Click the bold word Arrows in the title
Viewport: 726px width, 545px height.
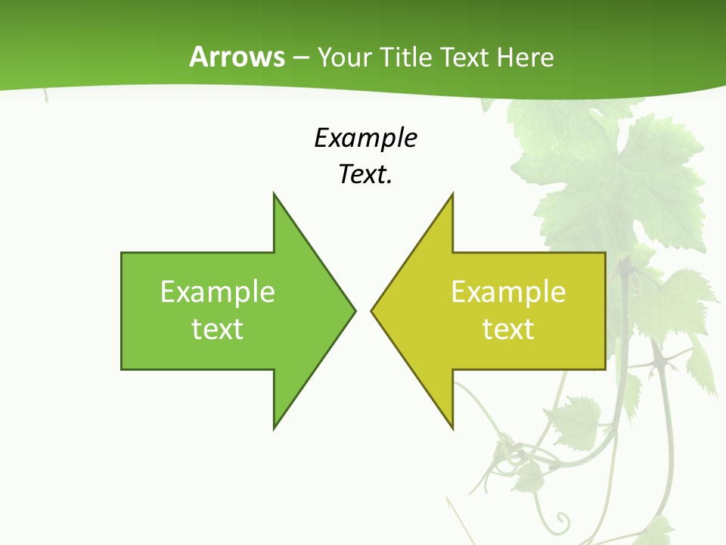click(237, 57)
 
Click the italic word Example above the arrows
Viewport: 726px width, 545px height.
click(365, 139)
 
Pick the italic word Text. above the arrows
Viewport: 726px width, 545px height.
click(365, 174)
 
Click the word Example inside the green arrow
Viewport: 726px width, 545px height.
click(218, 291)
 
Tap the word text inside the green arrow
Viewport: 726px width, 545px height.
click(218, 329)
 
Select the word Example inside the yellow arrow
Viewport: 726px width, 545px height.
click(508, 291)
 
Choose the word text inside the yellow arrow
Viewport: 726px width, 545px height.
click(508, 329)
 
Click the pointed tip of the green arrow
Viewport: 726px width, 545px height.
click(355, 310)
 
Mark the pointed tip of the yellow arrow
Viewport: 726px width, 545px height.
click(371, 310)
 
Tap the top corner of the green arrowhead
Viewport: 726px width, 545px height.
click(274, 194)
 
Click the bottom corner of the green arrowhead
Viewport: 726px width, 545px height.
click(274, 428)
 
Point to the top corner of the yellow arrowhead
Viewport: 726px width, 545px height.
click(452, 194)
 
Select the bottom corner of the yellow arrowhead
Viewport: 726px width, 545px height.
click(452, 428)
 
